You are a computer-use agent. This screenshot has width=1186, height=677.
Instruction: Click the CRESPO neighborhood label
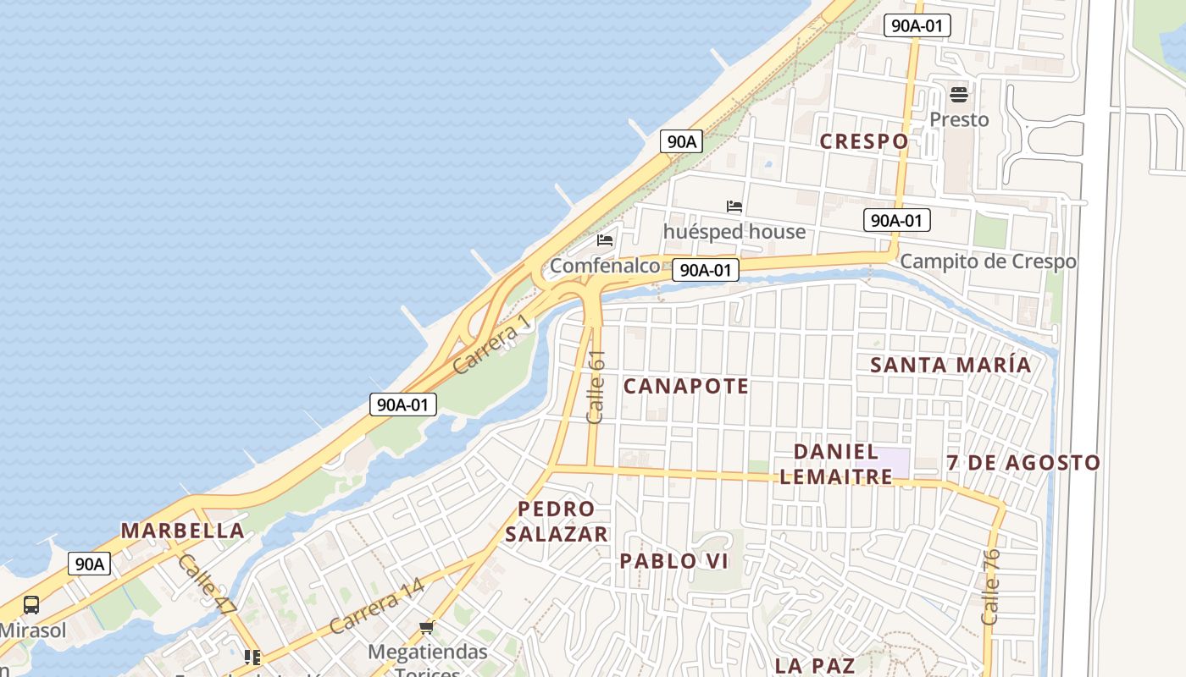[x=864, y=141]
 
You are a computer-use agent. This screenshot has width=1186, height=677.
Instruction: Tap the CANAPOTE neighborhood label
[x=686, y=387]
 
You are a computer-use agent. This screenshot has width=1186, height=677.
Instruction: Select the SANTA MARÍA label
[x=951, y=365]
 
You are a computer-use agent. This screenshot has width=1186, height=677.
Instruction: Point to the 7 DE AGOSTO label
[x=1023, y=463]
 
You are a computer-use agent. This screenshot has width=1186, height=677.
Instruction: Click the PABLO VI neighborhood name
[x=674, y=561]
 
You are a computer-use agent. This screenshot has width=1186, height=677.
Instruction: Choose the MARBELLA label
[x=183, y=531]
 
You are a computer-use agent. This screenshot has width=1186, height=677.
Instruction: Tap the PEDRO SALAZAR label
[x=557, y=521]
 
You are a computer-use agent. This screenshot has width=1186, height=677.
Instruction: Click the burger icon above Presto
[x=959, y=94]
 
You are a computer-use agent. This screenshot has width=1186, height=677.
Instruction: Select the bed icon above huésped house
[x=734, y=206]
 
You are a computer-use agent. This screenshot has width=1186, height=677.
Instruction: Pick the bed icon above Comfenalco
[x=605, y=240]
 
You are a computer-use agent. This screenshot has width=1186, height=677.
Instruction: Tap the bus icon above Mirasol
[x=31, y=605]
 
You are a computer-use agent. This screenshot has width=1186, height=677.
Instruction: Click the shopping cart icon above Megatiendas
[x=427, y=627]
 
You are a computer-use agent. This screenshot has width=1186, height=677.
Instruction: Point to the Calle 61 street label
[x=596, y=387]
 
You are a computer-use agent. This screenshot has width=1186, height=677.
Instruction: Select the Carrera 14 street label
[x=376, y=607]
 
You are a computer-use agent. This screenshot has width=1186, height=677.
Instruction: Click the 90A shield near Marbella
[x=89, y=564]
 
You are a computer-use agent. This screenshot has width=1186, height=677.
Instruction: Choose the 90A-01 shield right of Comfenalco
[x=706, y=270]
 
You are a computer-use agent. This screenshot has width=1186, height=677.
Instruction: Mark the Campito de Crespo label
[x=988, y=261]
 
